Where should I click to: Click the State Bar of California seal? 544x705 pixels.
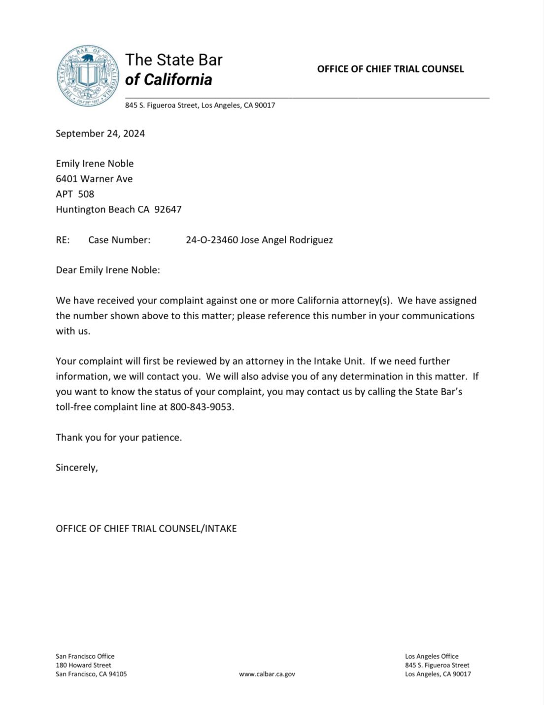88,76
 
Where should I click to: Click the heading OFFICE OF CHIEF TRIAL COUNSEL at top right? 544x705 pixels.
390,69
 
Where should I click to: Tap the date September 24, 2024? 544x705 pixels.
100,134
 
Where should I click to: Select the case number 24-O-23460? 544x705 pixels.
212,240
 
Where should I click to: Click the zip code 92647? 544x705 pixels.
168,209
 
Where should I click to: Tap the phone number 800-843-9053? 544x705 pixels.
201,407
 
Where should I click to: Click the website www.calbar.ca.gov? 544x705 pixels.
267,674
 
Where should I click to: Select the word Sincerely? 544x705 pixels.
76,468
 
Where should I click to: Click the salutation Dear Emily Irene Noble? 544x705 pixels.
107,270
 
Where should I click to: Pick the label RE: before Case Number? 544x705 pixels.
63,240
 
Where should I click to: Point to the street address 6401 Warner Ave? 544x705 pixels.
94,179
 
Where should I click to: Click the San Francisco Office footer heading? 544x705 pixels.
85,656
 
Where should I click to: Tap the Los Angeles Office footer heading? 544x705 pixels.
432,656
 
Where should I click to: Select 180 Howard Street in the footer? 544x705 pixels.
83,665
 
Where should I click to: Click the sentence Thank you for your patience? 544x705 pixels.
119,437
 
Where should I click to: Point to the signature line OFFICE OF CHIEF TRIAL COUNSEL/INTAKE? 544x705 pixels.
146,529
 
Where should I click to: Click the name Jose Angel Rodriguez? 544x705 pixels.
286,240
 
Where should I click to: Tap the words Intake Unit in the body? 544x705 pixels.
339,361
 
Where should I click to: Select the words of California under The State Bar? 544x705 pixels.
169,80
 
